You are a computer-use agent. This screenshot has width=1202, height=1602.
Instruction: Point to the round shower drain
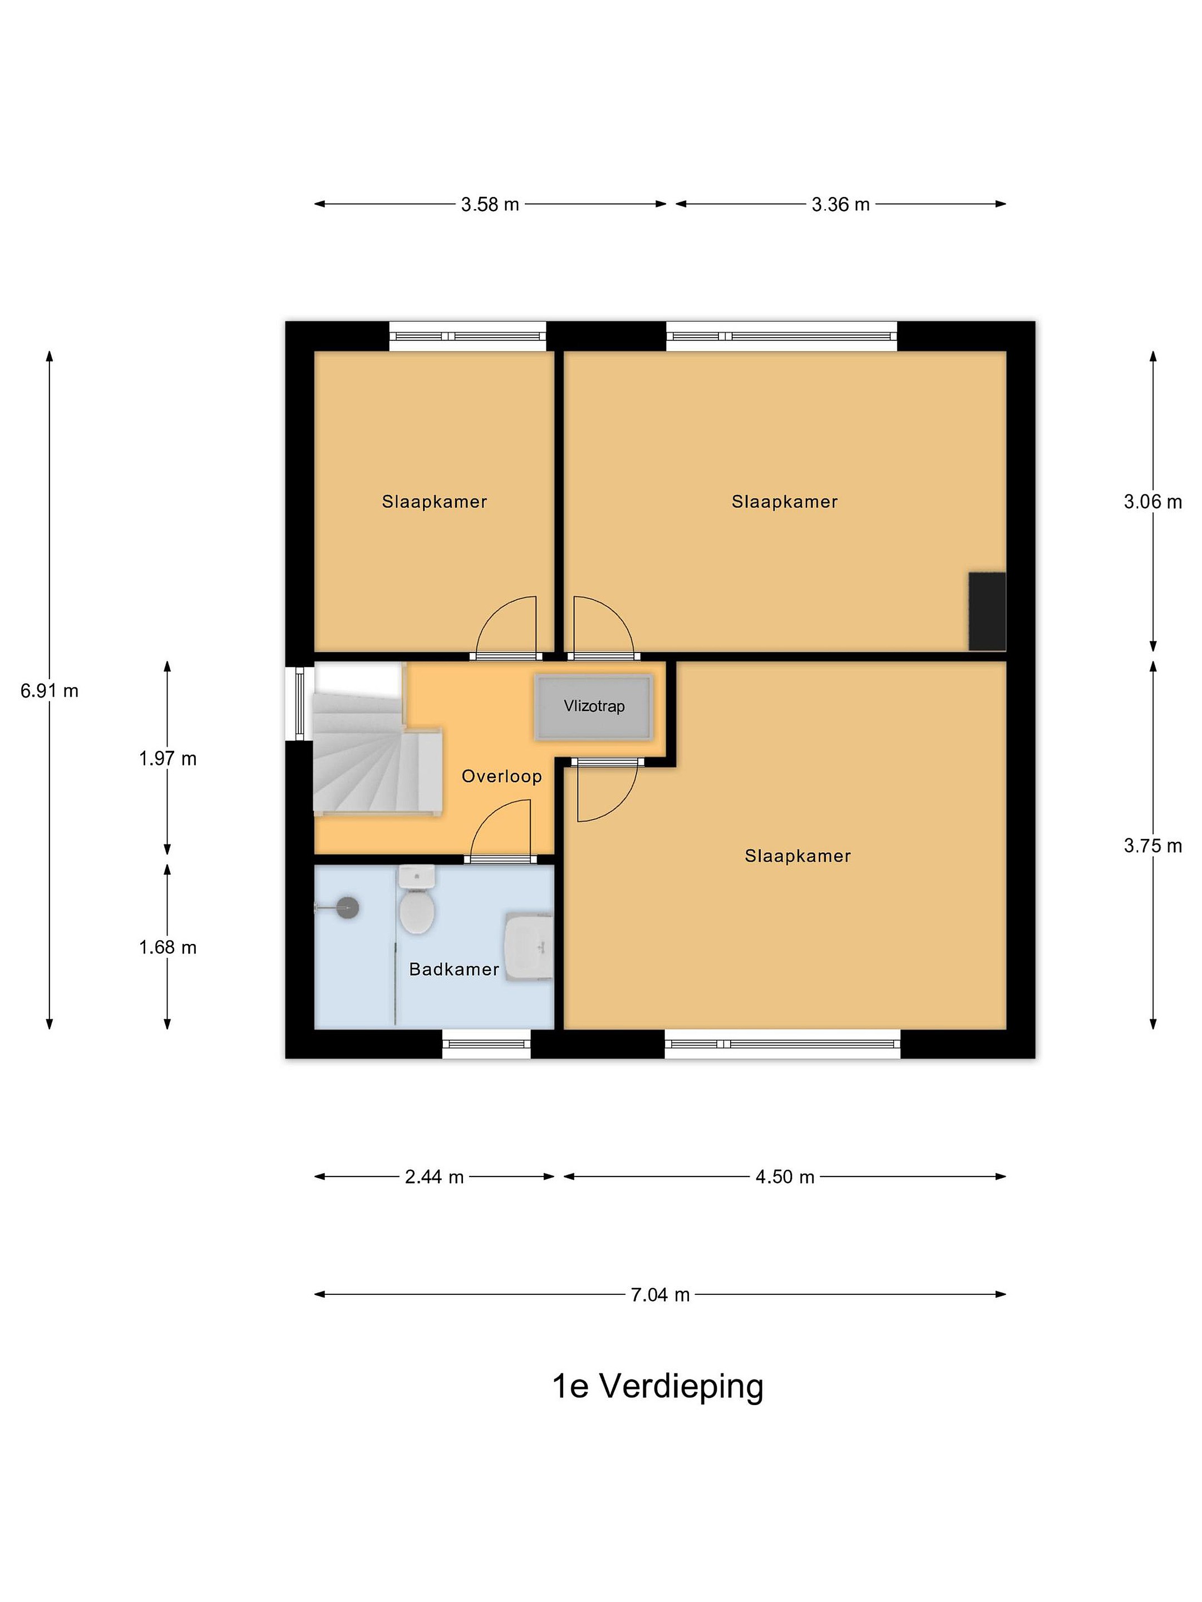348,907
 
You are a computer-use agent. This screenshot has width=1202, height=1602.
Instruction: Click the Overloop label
501,777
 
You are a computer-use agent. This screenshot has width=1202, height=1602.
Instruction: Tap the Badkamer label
454,969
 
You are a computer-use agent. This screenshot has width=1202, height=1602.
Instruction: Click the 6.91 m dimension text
50,690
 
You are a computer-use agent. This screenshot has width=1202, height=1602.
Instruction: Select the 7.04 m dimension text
660,1294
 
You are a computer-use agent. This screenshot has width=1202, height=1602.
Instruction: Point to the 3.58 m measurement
490,204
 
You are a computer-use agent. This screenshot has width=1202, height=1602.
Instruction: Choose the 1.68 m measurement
168,947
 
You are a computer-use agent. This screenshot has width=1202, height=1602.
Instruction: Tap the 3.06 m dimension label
1152,501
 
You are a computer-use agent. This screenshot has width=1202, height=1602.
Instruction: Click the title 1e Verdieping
658,1387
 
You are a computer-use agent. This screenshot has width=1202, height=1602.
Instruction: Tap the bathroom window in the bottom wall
486,1044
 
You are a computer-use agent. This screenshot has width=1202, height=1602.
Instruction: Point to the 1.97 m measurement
168,758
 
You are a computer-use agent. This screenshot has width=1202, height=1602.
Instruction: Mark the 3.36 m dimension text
840,204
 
